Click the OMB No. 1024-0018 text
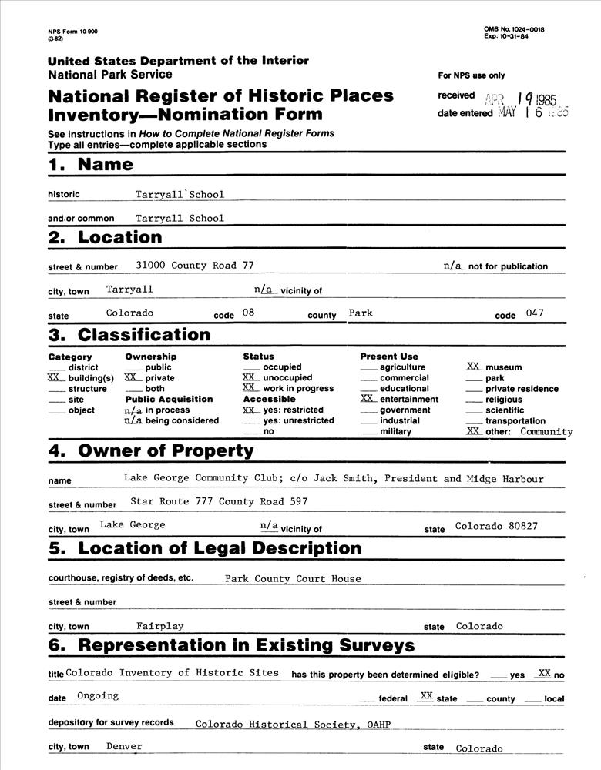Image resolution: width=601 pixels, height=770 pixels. coord(514,29)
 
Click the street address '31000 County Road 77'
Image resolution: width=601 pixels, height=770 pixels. coord(195,266)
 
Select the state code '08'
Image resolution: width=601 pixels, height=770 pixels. coord(247,313)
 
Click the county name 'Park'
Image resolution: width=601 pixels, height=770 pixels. coord(361,313)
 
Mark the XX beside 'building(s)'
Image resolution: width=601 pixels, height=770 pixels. coord(54,378)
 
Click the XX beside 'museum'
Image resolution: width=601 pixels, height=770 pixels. coord(474,367)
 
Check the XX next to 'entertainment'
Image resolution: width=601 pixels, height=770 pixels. coord(368,399)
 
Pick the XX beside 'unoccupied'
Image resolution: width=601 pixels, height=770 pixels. coord(250,378)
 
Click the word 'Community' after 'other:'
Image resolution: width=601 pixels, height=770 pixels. coord(546,432)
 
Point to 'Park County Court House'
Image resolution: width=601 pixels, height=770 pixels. coord(293,579)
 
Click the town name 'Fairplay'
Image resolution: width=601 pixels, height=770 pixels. coord(160,626)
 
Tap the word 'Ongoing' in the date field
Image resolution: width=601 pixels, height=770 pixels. coord(98,696)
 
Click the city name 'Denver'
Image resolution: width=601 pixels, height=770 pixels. coord(124,746)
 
